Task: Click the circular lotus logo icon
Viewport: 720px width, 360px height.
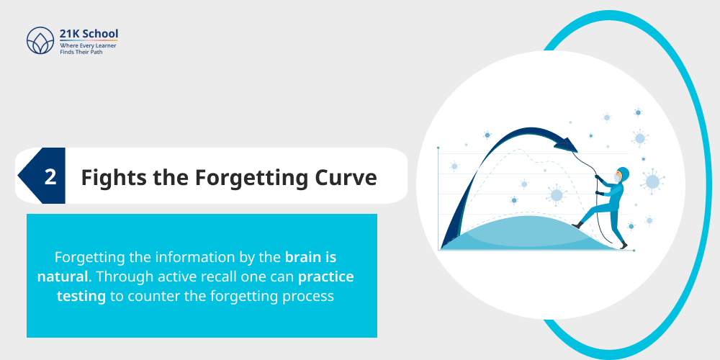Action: pyautogui.click(x=40, y=40)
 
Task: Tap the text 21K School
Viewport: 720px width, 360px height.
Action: pyautogui.click(x=89, y=33)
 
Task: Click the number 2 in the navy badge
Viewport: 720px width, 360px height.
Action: pyautogui.click(x=50, y=177)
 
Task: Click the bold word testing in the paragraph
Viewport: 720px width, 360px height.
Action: pyautogui.click(x=81, y=296)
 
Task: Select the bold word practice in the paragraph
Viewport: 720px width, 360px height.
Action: pyautogui.click(x=326, y=276)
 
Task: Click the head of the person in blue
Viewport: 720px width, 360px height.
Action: pyautogui.click(x=623, y=174)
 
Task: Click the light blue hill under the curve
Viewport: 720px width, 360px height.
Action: pyautogui.click(x=529, y=234)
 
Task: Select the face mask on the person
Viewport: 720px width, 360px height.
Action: pyautogui.click(x=618, y=177)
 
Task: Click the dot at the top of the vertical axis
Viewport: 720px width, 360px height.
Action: pyautogui.click(x=438, y=148)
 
